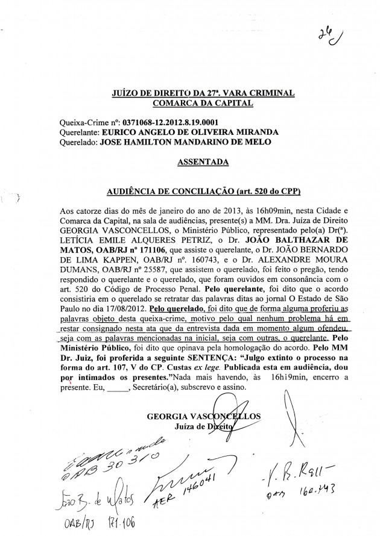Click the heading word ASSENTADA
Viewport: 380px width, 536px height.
203,163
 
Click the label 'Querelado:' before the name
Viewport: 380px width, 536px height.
79,142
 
